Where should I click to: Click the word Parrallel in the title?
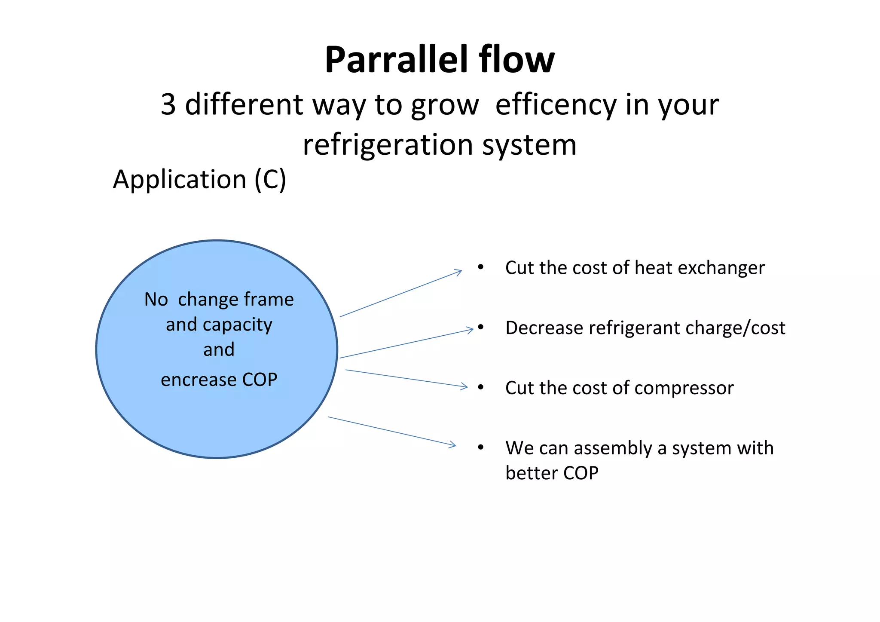click(395, 60)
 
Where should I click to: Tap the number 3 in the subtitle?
click(168, 104)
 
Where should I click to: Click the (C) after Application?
click(270, 179)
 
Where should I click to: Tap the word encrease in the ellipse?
click(198, 380)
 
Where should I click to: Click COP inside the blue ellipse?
click(260, 380)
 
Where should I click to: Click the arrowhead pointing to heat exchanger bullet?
click(460, 271)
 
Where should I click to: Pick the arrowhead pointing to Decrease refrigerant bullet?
click(471, 330)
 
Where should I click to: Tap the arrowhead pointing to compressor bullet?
click(465, 386)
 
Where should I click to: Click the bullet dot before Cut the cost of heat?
click(481, 267)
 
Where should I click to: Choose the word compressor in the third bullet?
click(684, 388)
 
